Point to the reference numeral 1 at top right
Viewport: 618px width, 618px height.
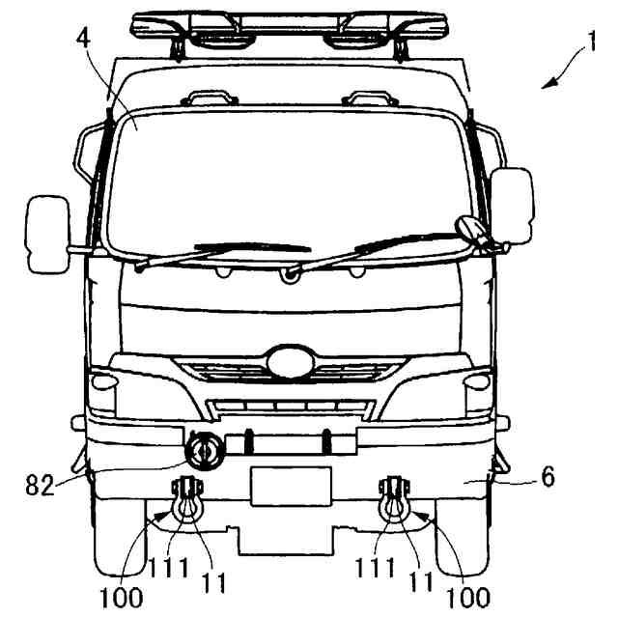(x=600, y=44)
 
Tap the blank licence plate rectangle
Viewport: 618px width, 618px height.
(x=290, y=486)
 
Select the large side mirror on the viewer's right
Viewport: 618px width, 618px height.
(x=512, y=205)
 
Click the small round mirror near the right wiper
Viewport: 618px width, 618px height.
(x=469, y=228)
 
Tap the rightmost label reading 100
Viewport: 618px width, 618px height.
(x=466, y=596)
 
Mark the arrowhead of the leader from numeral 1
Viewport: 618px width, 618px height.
(x=546, y=87)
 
